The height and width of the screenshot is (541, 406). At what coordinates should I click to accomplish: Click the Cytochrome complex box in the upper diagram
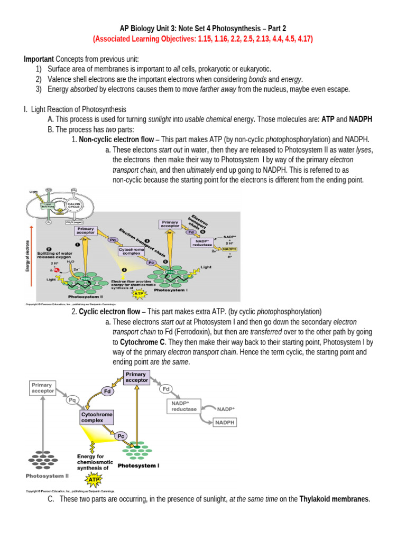pos(133,251)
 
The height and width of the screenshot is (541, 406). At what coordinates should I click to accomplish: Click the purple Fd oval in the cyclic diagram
pos(107,391)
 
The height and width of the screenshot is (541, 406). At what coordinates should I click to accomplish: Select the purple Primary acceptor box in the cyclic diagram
pos(136,377)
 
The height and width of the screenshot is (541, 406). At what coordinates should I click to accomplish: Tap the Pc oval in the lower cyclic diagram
pos(121,436)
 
